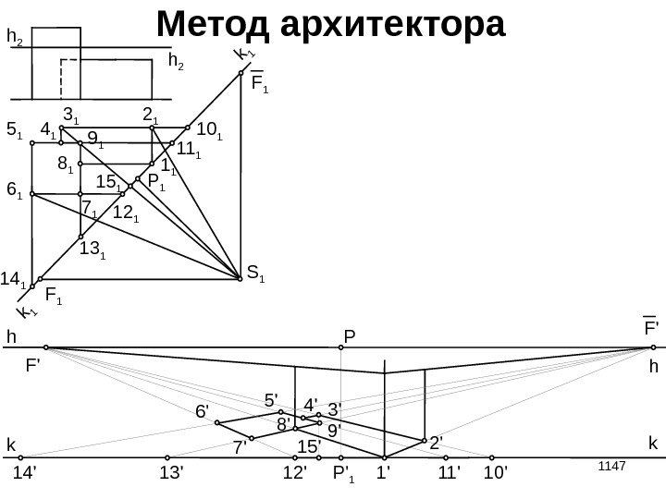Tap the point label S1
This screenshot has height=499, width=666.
255,274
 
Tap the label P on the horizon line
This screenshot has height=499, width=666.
350,334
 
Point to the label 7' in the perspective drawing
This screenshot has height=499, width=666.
240,448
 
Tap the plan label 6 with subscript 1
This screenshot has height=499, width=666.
15,190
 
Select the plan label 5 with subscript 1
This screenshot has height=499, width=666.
15,131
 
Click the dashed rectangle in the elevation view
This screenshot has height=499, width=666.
105,79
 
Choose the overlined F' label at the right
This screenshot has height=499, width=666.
651,328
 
